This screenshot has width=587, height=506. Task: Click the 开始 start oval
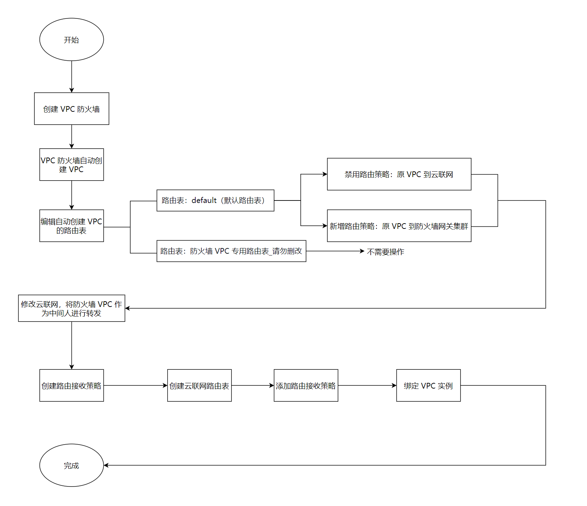click(71, 39)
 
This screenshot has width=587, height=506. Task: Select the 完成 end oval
click(71, 465)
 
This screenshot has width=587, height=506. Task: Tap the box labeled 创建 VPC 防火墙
click(71, 109)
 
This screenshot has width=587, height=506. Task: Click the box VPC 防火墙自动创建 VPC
click(71, 165)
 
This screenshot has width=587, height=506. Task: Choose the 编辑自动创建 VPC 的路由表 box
click(71, 226)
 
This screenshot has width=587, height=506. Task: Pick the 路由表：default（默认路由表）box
click(215, 200)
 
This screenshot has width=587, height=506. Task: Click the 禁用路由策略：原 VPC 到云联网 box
click(399, 174)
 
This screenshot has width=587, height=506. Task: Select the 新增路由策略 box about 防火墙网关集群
click(399, 226)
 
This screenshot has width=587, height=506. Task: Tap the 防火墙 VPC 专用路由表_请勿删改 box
click(231, 251)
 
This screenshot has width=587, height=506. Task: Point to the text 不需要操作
click(385, 252)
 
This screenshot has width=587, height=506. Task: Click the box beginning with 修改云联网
click(71, 308)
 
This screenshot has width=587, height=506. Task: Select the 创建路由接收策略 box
click(71, 385)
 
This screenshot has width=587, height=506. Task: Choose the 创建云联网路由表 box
click(199, 385)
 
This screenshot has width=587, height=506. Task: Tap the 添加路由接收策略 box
click(306, 385)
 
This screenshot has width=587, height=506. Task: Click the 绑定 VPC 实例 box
click(428, 385)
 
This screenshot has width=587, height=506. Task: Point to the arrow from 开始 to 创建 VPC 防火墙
click(71, 77)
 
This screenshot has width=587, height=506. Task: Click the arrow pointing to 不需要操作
click(335, 251)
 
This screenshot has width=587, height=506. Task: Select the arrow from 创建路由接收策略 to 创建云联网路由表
click(135, 385)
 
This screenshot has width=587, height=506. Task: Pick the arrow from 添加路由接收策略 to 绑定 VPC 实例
click(367, 385)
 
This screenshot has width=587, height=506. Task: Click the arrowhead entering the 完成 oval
click(106, 465)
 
